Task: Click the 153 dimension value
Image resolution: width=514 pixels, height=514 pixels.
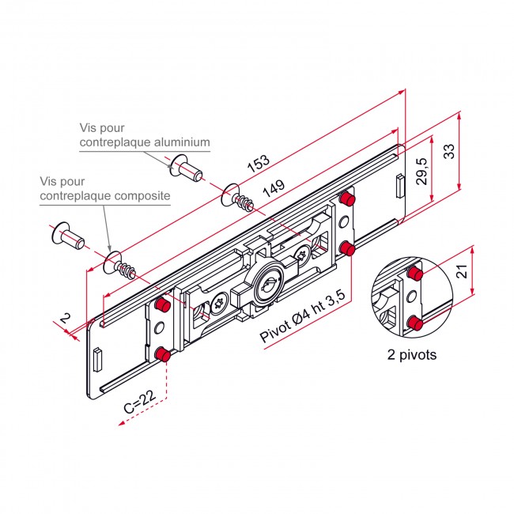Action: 259,163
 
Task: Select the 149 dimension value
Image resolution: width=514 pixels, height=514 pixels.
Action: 274,188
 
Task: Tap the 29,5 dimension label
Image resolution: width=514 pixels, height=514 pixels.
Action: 422,172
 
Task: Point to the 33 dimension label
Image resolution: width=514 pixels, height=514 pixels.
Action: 449,152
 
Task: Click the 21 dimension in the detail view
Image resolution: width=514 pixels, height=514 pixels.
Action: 463,271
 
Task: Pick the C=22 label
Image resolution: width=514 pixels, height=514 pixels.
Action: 140,403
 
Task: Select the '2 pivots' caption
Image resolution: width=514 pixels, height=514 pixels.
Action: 412,355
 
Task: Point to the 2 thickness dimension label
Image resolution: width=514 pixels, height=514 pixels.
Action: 65,318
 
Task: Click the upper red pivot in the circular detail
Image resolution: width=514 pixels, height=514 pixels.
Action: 416,274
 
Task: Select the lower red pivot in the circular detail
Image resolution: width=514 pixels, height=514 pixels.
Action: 416,323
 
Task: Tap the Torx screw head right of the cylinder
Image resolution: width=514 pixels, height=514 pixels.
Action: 301,255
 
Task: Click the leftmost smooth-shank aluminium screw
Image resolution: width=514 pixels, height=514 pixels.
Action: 69,236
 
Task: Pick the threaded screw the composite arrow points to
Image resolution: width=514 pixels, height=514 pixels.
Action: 119,266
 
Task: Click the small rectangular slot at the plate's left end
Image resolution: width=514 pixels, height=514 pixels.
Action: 98,361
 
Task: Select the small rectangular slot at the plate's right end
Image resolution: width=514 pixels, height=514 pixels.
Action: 400,186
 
